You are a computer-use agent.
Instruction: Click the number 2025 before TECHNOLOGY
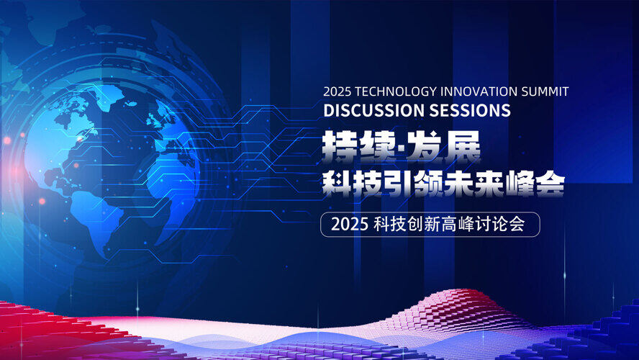337,91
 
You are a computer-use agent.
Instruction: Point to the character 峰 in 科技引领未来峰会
518,184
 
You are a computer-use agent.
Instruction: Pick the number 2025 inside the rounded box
350,225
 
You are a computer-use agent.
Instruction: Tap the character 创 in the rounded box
415,225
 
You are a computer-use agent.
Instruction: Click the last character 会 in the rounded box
517,225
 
